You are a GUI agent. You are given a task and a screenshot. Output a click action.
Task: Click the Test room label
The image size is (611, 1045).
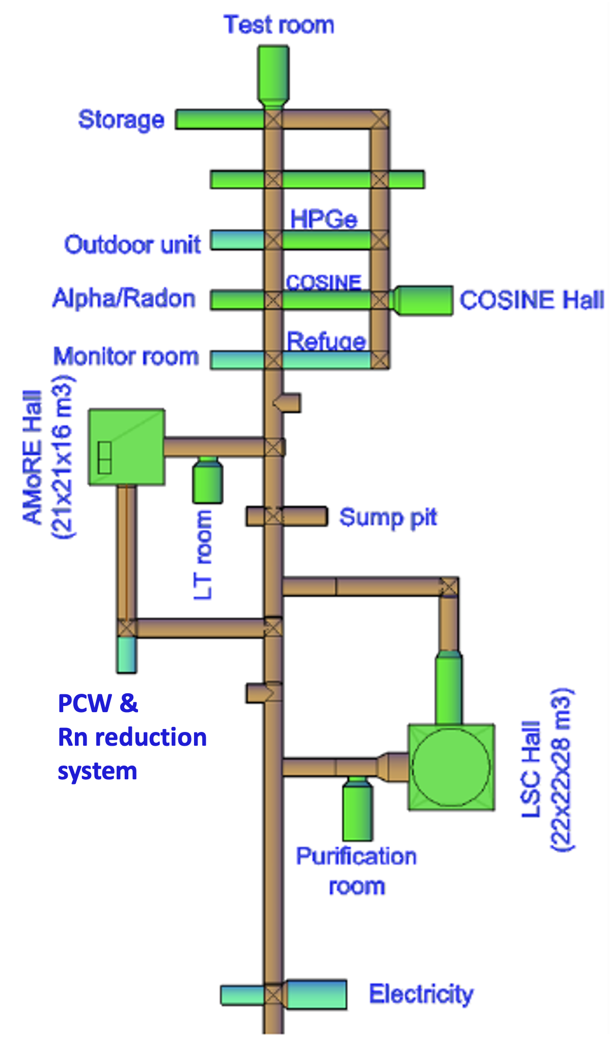(279, 24)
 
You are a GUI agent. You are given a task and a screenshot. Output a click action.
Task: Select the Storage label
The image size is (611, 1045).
(121, 120)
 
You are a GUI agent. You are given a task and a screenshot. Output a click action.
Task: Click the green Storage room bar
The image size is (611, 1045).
(219, 119)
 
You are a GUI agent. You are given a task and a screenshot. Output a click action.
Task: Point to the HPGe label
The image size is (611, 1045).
(324, 219)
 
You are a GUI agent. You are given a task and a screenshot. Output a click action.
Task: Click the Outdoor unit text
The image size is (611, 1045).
(132, 245)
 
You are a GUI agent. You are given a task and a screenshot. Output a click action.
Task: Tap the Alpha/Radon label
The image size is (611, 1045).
(124, 298)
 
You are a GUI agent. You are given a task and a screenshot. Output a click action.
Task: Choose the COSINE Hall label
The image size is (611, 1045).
(532, 300)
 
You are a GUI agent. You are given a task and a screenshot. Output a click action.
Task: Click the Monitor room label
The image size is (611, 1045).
(126, 356)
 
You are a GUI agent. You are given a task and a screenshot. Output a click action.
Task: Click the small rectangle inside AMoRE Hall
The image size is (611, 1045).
(105, 458)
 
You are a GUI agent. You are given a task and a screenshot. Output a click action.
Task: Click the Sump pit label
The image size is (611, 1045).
(388, 518)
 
